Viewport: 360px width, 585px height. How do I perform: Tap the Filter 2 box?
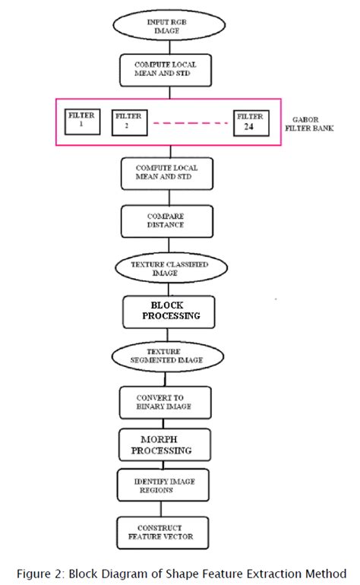[x=127, y=122]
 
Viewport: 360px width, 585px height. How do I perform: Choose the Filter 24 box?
[x=251, y=122]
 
